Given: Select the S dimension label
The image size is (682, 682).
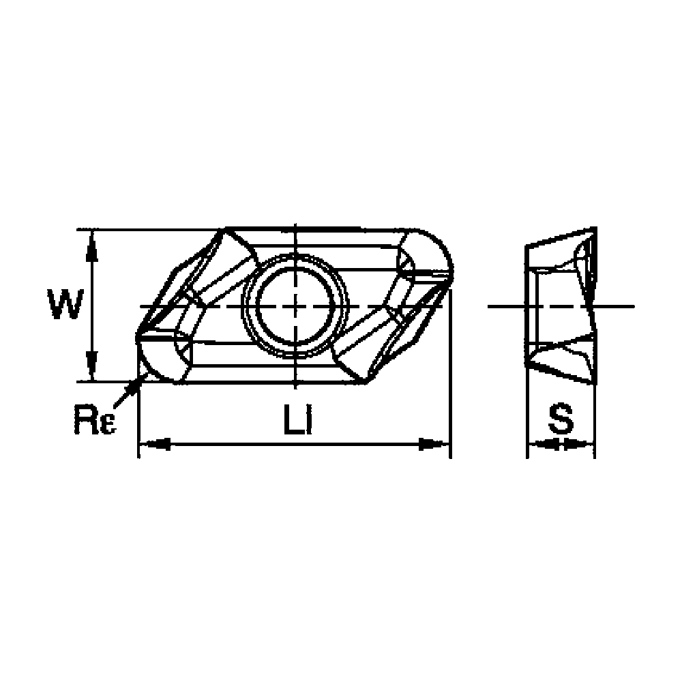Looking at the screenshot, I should point(561,420).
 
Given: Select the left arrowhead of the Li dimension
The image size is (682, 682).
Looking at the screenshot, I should point(153,445).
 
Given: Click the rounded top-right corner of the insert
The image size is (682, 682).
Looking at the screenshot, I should point(440,249).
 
